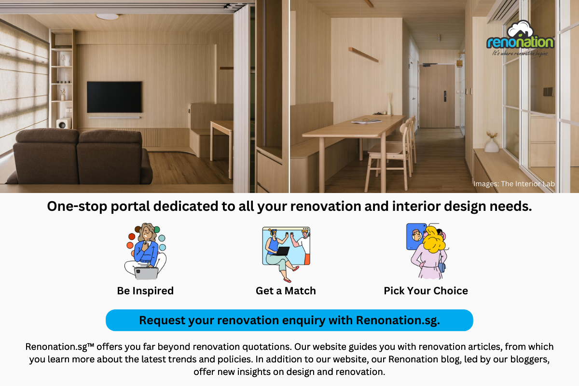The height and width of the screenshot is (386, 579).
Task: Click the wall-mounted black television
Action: coord(114,97)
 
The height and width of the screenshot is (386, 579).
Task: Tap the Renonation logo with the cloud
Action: coord(520,38)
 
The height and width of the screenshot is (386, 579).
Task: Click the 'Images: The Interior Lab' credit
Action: coord(514,184)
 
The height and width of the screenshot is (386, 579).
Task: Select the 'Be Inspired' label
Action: coord(145,291)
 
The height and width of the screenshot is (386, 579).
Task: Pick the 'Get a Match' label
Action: coord(286,291)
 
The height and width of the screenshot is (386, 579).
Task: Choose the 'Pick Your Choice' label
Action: coord(426,291)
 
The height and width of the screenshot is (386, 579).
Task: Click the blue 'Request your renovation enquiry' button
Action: coord(289,320)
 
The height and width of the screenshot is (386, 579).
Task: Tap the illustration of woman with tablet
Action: coord(145,251)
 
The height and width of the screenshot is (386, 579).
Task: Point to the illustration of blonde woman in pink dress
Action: coord(428,251)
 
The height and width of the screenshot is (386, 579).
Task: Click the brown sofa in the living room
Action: coord(79,157)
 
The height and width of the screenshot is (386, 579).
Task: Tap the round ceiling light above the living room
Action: coord(107,16)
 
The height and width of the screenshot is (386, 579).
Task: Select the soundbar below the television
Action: coord(114,117)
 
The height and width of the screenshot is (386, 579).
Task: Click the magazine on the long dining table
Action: coord(366,121)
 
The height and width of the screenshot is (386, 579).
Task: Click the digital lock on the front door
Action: coord(445,96)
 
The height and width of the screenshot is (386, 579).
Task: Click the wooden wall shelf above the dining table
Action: coord(363,55)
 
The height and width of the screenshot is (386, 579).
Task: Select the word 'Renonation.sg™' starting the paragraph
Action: coord(60,347)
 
